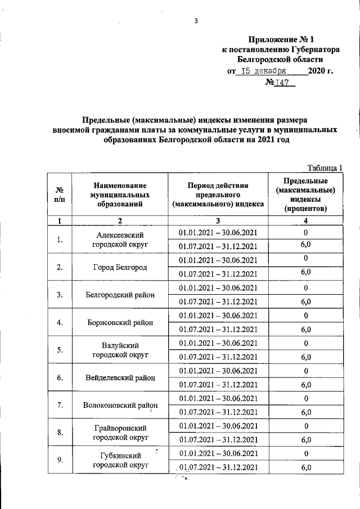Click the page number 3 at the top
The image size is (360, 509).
pyautogui.click(x=196, y=21)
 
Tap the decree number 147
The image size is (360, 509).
pyautogui.click(x=280, y=83)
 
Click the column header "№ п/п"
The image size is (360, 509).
pyautogui.click(x=59, y=194)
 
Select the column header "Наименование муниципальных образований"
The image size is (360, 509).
pyautogui.click(x=120, y=194)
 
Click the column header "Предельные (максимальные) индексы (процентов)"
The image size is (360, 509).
pyautogui.click(x=306, y=194)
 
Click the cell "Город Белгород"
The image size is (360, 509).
pyautogui.click(x=120, y=267)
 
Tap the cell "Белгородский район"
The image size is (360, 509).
pyautogui.click(x=120, y=294)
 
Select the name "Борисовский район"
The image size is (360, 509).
pyautogui.click(x=120, y=322)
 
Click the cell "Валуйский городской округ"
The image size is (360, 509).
pyautogui.click(x=120, y=350)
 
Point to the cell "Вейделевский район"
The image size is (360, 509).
pyautogui.click(x=120, y=377)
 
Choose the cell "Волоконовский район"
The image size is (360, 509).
pyautogui.click(x=120, y=405)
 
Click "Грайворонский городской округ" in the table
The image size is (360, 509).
pyautogui.click(x=120, y=433)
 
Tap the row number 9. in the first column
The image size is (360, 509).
pyautogui.click(x=59, y=460)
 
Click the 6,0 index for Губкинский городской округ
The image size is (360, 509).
pyautogui.click(x=306, y=467)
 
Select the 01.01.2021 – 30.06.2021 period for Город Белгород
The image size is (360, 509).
pyautogui.click(x=218, y=260)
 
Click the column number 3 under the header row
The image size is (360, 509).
pyautogui.click(x=218, y=220)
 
